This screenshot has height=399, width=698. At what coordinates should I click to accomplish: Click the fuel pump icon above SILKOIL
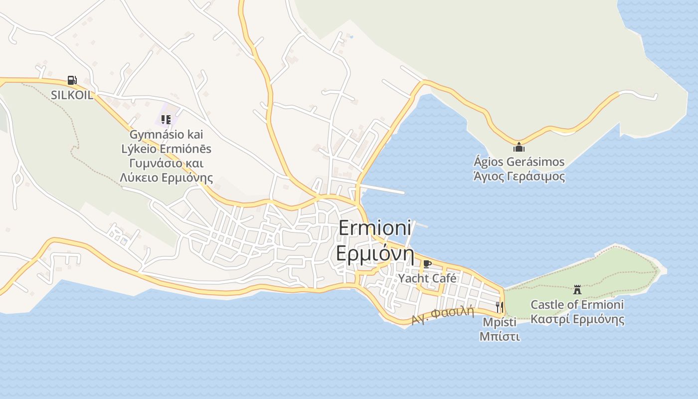pos(72,80)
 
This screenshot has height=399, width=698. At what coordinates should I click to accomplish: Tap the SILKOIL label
pos(72,95)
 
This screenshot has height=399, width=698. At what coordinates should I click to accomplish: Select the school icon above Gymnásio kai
pos(166,120)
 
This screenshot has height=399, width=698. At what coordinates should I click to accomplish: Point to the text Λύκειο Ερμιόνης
pos(167,178)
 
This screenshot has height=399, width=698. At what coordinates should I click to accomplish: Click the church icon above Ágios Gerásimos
pos(519,147)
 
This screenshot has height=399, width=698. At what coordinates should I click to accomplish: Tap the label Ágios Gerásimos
pos(519,162)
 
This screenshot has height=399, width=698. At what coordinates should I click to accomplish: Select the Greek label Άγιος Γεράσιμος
pos(519,177)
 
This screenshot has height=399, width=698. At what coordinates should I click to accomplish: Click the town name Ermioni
pos(375,228)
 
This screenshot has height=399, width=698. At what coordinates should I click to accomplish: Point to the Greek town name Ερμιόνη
pos(375,253)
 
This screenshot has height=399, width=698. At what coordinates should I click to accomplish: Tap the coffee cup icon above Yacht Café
pos(427,264)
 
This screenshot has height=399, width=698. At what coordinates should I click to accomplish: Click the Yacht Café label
pos(427,278)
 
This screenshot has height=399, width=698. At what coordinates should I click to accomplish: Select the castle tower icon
pos(577,289)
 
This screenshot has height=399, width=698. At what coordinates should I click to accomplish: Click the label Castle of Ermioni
pos(577,305)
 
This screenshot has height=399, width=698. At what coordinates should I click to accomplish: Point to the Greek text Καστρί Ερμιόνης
pos(577,319)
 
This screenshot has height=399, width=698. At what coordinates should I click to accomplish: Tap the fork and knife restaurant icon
pos(500,307)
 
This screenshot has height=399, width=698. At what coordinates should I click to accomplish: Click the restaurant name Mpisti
pos(500,322)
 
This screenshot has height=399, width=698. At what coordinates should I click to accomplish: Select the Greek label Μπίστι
pos(500,337)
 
